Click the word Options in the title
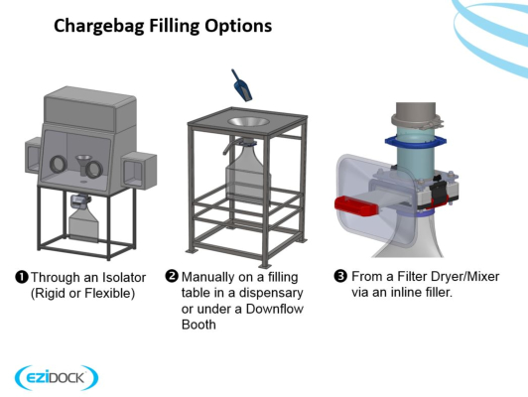pyautogui.click(x=238, y=26)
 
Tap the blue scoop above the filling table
pyautogui.click(x=241, y=85)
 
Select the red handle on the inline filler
pyautogui.click(x=357, y=205)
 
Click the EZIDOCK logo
pyautogui.click(x=57, y=377)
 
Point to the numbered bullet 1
pyautogui.click(x=22, y=278)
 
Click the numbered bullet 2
pyautogui.click(x=172, y=276)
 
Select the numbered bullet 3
pyautogui.click(x=340, y=276)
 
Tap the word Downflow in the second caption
pyautogui.click(x=275, y=309)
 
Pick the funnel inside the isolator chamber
pyautogui.click(x=81, y=165)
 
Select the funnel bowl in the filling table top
pyautogui.click(x=248, y=121)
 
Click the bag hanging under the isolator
pyautogui.click(x=83, y=224)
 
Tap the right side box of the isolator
pyautogui.click(x=139, y=170)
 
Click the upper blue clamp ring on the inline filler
pyautogui.click(x=416, y=142)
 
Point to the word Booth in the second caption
pyautogui.click(x=198, y=325)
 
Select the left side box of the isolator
pyautogui.click(x=33, y=155)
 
